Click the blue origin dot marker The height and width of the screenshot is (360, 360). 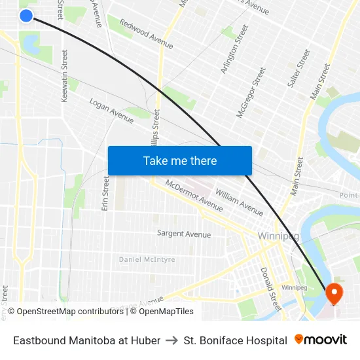pyautogui.click(x=26, y=15)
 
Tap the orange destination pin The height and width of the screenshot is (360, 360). pyautogui.click(x=334, y=293)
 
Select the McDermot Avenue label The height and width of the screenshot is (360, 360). pyautogui.click(x=194, y=195)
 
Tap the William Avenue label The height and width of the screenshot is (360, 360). pyautogui.click(x=239, y=203)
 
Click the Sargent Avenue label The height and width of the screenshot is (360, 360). pyautogui.click(x=184, y=234)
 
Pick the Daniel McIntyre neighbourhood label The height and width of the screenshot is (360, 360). pyautogui.click(x=147, y=260)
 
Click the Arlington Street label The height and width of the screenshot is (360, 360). pyautogui.click(x=235, y=49)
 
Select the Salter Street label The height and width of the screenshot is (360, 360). pyautogui.click(x=299, y=69)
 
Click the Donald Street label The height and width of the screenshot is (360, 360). pyautogui.click(x=270, y=288)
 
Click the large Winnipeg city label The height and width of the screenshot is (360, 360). pyautogui.click(x=279, y=236)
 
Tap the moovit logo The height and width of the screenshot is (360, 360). pyautogui.click(x=321, y=340)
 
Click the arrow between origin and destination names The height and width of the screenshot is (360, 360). pyautogui.click(x=171, y=340)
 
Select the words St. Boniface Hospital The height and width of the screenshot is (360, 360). pyautogui.click(x=235, y=340)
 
